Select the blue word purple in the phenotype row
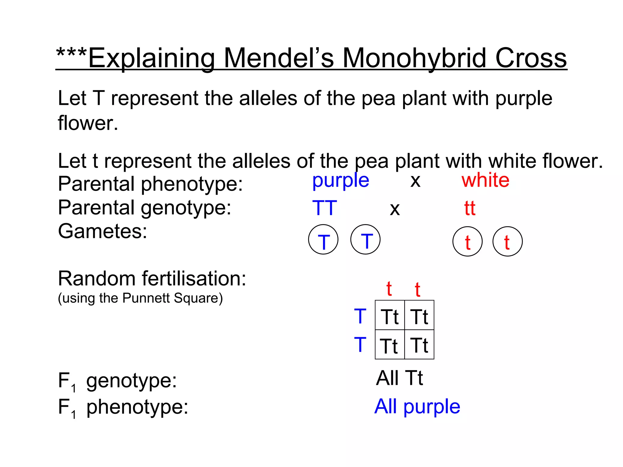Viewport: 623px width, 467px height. pyautogui.click(x=341, y=181)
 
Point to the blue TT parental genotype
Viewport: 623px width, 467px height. pyautogui.click(x=325, y=208)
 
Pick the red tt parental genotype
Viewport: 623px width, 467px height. pyautogui.click(x=470, y=208)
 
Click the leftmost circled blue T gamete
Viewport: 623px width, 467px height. pyautogui.click(x=323, y=240)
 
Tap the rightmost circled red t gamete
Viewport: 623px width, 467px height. pyautogui.click(x=507, y=242)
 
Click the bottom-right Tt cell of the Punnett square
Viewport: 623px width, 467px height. pyautogui.click(x=419, y=345)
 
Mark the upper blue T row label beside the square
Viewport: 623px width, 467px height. pyautogui.click(x=360, y=316)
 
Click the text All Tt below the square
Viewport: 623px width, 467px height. pyautogui.click(x=399, y=378)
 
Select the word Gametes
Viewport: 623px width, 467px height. pyautogui.click(x=103, y=232)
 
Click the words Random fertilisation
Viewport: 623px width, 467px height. pyautogui.click(x=152, y=278)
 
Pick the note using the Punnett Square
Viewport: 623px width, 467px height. pyautogui.click(x=140, y=298)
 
